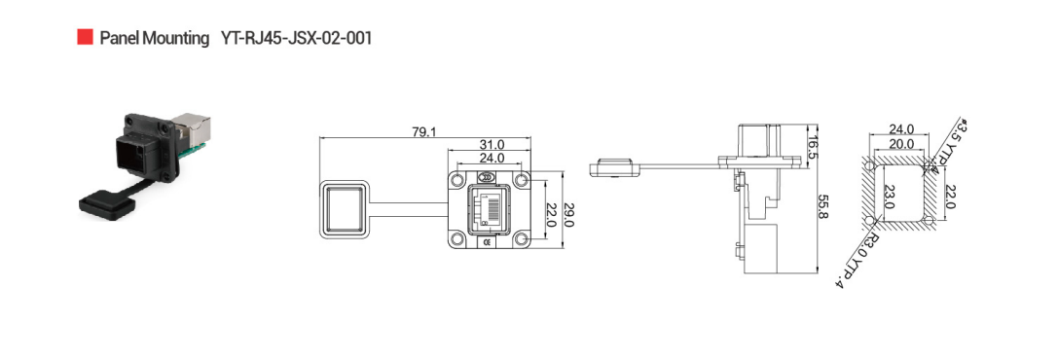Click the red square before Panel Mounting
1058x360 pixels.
coord(85,37)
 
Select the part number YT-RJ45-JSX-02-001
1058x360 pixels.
coord(296,38)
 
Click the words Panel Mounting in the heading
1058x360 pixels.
coord(155,38)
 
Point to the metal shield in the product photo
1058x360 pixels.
coord(193,128)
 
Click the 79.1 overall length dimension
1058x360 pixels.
coord(423,132)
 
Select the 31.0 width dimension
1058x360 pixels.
coord(492,145)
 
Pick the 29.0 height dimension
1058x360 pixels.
coord(568,214)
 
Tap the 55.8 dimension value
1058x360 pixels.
coord(822,206)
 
